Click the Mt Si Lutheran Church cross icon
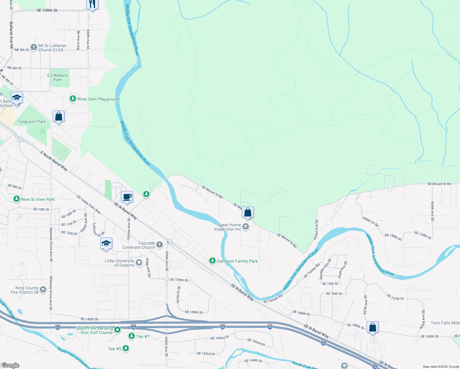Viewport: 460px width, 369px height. pyautogui.click(x=34, y=47)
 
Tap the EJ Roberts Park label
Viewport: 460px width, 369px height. pyautogui.click(x=58, y=77)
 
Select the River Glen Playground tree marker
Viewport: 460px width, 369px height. pyautogui.click(x=73, y=99)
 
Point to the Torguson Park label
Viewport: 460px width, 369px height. pyautogui.click(x=32, y=121)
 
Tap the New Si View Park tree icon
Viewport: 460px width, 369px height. pyautogui.click(x=17, y=199)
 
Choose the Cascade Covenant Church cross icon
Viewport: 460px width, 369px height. pyautogui.click(x=159, y=245)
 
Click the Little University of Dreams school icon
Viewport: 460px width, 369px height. pyautogui.click(x=139, y=263)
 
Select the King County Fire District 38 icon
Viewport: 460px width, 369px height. pyautogui.click(x=43, y=290)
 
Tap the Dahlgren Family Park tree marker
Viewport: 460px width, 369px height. pyautogui.click(x=212, y=261)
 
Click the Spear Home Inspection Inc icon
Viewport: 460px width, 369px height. pyautogui.click(x=245, y=227)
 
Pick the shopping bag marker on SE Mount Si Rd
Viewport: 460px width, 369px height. pyautogui.click(x=248, y=212)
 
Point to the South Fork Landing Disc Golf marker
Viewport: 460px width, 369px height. pyautogui.click(x=117, y=330)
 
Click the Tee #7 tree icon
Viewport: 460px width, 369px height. pyautogui.click(x=132, y=336)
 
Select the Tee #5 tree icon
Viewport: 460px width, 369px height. pyautogui.click(x=125, y=348)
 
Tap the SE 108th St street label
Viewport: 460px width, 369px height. pyautogui.click(x=47, y=10)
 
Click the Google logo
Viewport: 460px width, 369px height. pyautogui.click(x=10, y=365)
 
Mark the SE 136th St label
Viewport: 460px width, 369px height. pyautogui.click(x=179, y=280)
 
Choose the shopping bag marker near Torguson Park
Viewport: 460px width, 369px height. pyautogui.click(x=58, y=117)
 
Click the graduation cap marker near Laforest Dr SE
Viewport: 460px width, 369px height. pyautogui.click(x=106, y=244)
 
